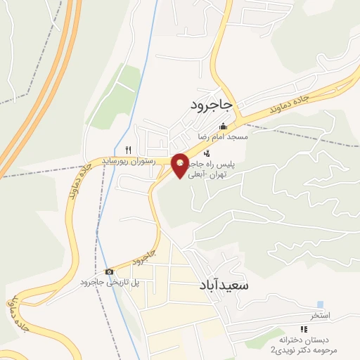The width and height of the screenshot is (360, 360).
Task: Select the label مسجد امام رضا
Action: coord(223,136)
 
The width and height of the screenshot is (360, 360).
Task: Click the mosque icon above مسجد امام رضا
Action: coord(223,126)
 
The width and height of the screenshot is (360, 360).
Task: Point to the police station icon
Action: coord(206,153)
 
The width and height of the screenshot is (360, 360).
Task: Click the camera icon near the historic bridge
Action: coord(109,271)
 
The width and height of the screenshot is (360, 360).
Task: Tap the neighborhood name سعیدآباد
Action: coord(219,287)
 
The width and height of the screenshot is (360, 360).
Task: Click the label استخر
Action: coord(321,316)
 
